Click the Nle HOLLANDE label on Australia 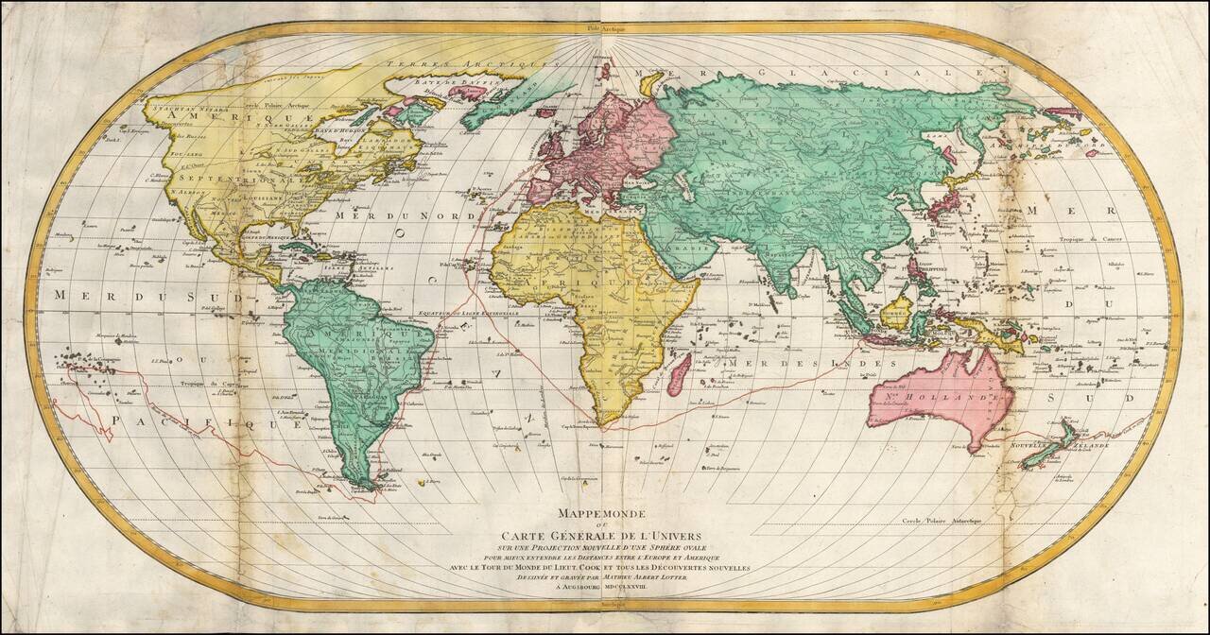point(931,400)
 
